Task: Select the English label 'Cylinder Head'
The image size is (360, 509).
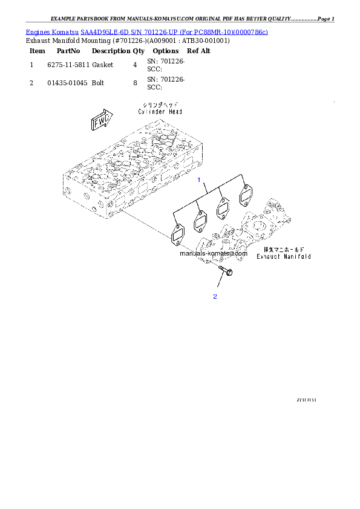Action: [x=160, y=111]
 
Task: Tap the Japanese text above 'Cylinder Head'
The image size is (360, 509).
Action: [x=160, y=105]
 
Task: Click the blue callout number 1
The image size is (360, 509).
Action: [x=198, y=180]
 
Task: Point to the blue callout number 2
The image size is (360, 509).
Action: [x=214, y=297]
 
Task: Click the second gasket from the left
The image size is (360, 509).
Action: [x=200, y=222]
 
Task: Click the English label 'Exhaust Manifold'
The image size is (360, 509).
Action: [x=283, y=256]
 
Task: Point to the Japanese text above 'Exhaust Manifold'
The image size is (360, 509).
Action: [x=283, y=249]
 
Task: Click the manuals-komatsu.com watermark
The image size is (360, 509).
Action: [x=214, y=254]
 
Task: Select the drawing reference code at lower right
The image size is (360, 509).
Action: [x=306, y=400]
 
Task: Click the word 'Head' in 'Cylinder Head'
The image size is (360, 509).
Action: [x=174, y=111]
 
